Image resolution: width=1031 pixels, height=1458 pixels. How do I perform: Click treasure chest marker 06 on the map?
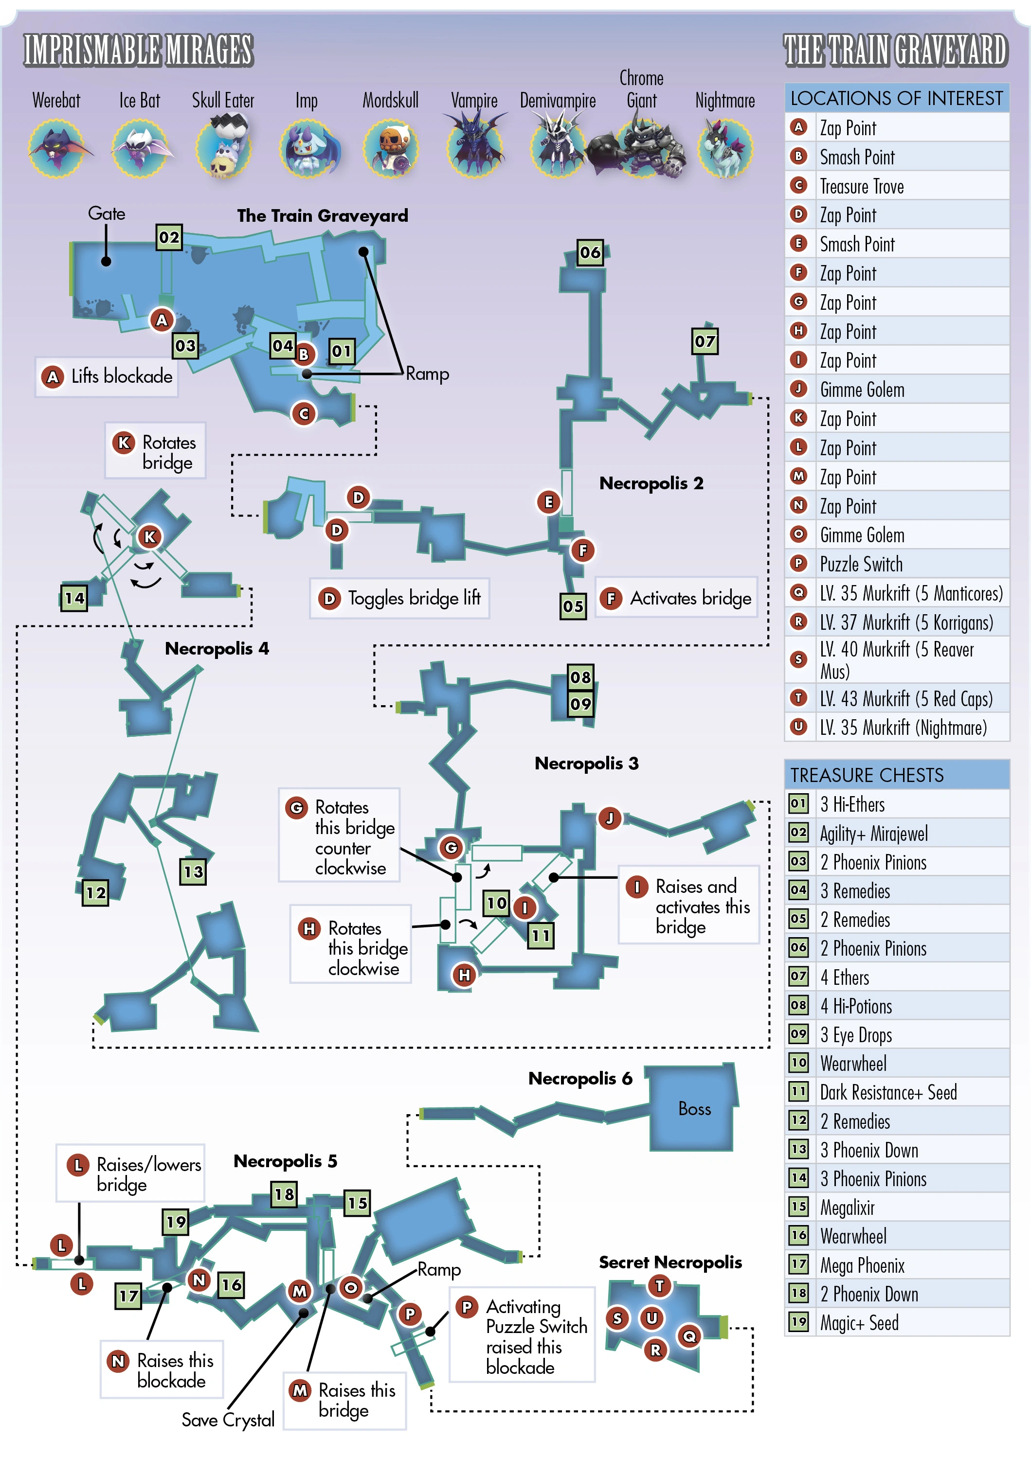coord(590,253)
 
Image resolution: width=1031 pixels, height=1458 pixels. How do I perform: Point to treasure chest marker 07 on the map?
coord(705,341)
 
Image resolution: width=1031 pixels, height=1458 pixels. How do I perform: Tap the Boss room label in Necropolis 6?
coord(694,1109)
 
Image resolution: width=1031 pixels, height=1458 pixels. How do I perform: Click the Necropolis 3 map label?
coord(586,764)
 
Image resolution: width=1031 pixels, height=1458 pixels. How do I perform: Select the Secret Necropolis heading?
coord(669,1262)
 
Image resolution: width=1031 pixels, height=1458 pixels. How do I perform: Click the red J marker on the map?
coord(609,818)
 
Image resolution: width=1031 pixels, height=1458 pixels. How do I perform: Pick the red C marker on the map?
coord(304,414)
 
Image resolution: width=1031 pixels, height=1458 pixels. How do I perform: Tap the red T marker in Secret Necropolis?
coord(659,1286)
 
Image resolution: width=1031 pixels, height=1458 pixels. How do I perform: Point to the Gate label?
coord(107,213)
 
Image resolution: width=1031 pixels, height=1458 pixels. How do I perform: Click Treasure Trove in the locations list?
coord(861,187)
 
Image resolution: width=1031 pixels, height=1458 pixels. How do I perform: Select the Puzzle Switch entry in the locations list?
coord(861,565)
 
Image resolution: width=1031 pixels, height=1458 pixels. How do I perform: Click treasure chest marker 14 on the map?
coord(74,598)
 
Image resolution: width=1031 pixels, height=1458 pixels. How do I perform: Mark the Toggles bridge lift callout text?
coord(414,598)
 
